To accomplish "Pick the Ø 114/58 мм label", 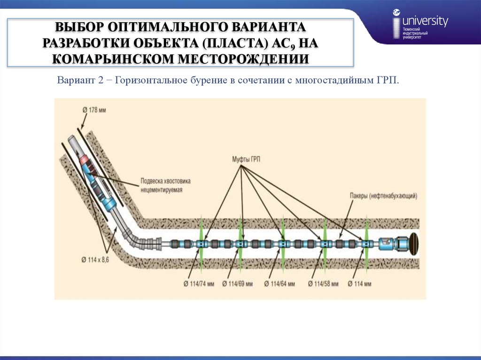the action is coord(323,283).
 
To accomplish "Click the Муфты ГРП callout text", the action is coord(246,160).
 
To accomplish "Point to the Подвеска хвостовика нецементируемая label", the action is coord(166,185).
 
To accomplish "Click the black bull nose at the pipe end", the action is coord(414,243).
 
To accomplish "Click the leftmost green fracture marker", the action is coord(201,243).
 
